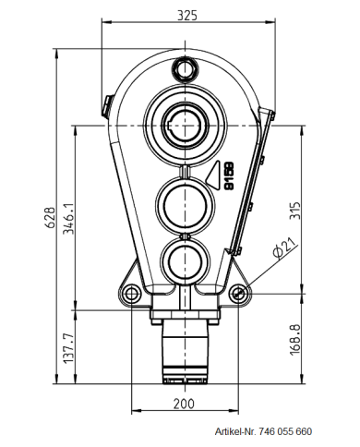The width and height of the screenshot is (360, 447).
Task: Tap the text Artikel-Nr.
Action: pos(236,432)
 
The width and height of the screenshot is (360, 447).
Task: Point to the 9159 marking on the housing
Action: pos(227,175)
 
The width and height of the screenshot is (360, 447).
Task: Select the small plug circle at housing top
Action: pos(185,68)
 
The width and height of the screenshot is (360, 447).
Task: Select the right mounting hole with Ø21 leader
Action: pos(239,294)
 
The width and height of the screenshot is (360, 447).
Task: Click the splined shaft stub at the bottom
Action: pos(186,356)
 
